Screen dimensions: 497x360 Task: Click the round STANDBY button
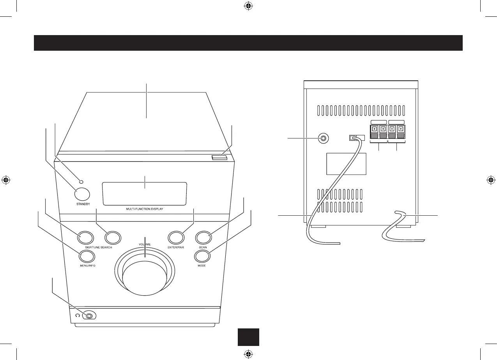[x=81, y=194]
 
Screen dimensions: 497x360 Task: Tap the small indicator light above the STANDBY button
[x=81, y=182]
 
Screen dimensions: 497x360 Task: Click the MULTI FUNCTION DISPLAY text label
[x=145, y=209]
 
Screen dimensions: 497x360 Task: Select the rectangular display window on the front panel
[x=144, y=193]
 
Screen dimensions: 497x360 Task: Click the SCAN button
[x=203, y=237]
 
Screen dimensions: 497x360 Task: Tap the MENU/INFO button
[x=87, y=256]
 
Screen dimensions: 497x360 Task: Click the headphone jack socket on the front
[x=90, y=316]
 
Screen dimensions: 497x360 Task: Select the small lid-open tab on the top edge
[x=219, y=158]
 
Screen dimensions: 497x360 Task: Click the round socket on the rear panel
[x=323, y=138]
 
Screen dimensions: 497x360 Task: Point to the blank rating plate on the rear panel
[x=346, y=164]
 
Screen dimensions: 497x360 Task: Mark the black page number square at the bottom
[x=248, y=337]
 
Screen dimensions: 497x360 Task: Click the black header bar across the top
[x=248, y=43]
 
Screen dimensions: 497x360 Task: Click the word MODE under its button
[x=202, y=266]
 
